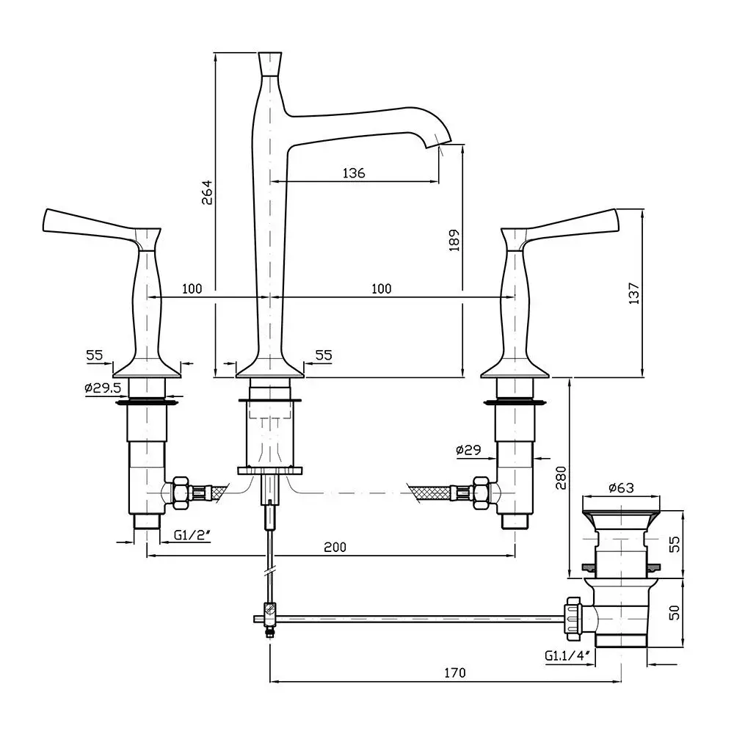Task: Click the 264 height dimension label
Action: tap(207, 192)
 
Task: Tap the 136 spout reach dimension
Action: tap(354, 173)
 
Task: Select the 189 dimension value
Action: tap(454, 240)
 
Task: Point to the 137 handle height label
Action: tap(633, 294)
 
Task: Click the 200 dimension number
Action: tap(335, 547)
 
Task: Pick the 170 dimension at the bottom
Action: tap(454, 672)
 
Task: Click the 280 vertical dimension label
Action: tap(561, 478)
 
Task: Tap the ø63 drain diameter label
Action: tap(621, 488)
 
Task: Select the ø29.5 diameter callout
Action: tap(103, 388)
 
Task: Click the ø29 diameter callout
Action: tap(468, 450)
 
